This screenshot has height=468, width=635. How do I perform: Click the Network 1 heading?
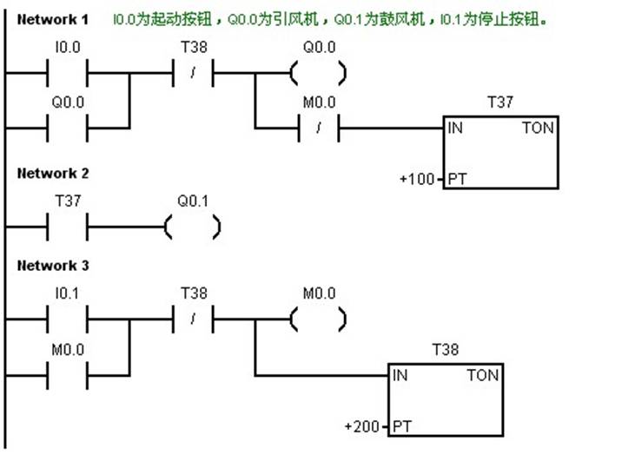[x=52, y=19]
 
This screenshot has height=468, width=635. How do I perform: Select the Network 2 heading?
[x=52, y=173]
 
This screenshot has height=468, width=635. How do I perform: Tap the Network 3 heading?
[x=52, y=265]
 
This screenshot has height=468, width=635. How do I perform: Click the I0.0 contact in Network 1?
[x=67, y=74]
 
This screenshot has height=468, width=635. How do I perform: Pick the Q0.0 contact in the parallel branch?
[x=67, y=128]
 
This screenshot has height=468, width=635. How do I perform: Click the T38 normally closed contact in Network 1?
[x=193, y=74]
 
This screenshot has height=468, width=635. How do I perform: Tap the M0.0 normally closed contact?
[x=319, y=129]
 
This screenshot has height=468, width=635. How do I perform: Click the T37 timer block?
[x=499, y=152]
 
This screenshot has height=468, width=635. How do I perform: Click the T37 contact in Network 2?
[x=67, y=227]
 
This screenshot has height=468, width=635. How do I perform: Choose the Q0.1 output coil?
[x=193, y=227]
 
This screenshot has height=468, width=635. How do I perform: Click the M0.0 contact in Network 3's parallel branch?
[x=67, y=375]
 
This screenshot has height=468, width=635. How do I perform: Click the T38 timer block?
[x=445, y=399]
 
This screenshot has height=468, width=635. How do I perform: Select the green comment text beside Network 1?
[x=329, y=19]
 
